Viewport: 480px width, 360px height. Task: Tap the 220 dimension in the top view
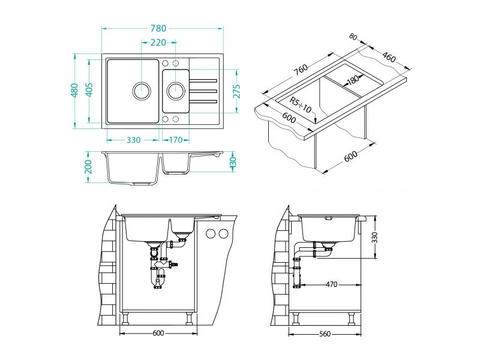point(158,43)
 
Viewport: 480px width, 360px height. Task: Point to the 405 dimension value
point(89,90)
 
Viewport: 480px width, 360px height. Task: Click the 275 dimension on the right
point(237,91)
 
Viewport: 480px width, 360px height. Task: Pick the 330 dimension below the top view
point(133,140)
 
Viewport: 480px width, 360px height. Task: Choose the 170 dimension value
point(176,140)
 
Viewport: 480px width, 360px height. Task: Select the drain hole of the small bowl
point(176,91)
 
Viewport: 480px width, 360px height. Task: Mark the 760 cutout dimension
point(301,70)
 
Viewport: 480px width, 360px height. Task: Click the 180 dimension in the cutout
point(352,79)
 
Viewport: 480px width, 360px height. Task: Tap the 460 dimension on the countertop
point(388,58)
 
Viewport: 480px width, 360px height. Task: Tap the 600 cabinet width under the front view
point(158,334)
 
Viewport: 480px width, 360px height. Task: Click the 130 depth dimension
point(233,161)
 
